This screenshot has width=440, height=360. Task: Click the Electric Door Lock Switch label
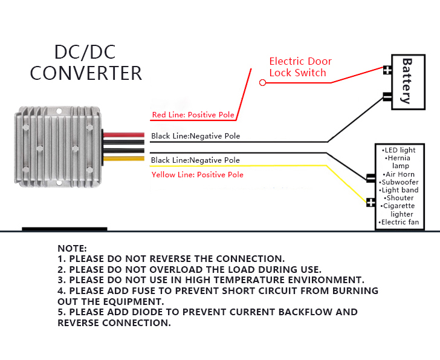click(x=300, y=67)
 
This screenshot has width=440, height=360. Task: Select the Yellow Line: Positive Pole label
click(x=197, y=175)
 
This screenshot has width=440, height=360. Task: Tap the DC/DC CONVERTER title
click(x=86, y=62)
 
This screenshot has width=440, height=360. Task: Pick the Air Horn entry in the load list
click(x=398, y=174)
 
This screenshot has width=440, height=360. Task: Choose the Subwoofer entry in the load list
click(x=400, y=182)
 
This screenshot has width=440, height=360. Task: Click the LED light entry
click(x=399, y=150)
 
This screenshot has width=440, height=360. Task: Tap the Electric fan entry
click(x=400, y=223)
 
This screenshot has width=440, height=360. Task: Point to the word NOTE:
click(x=72, y=249)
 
